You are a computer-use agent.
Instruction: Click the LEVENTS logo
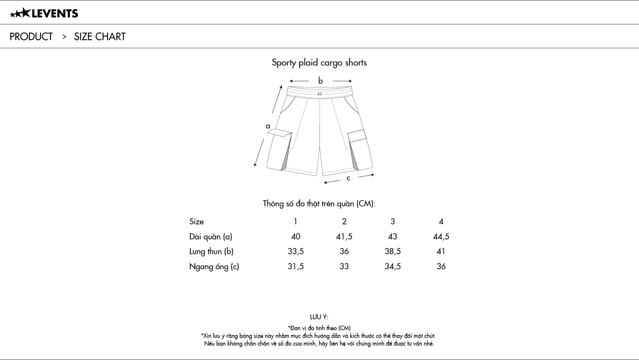point(44,13)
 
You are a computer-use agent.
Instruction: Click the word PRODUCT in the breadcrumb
point(31,37)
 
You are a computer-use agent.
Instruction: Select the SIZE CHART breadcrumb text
point(100,37)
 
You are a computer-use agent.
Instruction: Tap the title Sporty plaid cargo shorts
point(319,63)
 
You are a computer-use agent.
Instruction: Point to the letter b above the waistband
point(320,81)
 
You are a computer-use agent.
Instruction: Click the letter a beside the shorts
point(268,126)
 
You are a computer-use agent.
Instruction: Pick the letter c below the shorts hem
point(348,178)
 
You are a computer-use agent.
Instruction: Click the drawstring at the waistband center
point(319,94)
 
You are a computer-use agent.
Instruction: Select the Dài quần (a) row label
point(211,237)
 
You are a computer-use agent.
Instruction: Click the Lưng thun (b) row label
point(211,252)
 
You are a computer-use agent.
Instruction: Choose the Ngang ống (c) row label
point(214,267)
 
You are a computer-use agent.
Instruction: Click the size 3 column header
point(393,222)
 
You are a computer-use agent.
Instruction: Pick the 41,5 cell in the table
point(344,237)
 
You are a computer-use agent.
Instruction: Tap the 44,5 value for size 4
point(441,237)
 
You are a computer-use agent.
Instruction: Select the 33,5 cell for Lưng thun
point(296,252)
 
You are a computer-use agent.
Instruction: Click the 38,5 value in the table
point(393,252)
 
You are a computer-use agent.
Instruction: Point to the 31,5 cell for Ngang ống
point(296,267)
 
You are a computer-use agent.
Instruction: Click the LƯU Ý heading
point(319,317)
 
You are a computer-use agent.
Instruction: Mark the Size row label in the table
point(196,222)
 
